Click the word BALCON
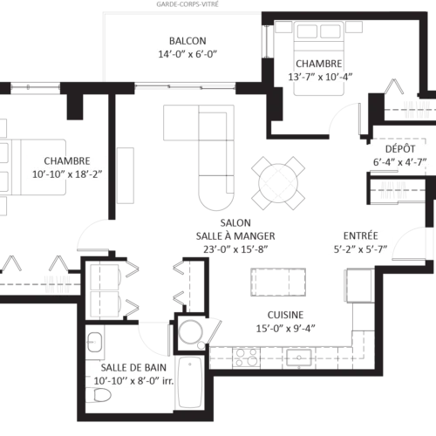187,41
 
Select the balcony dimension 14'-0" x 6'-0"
187,54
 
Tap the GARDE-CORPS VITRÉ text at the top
187,3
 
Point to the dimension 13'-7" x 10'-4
318,77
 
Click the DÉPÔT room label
399,149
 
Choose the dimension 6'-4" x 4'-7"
399,161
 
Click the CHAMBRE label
66,161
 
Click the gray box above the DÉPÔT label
415,107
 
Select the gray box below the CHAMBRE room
56,283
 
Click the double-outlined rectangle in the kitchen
276,282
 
